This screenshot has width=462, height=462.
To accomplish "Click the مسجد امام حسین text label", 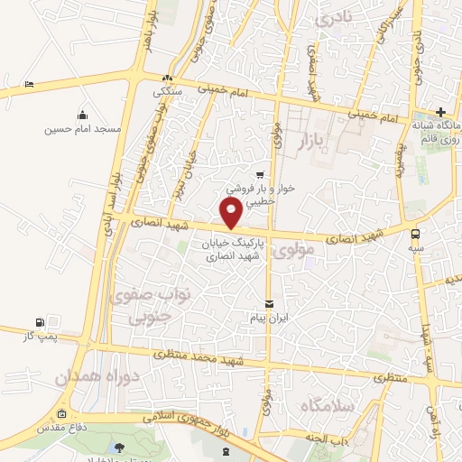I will pyautogui.click(x=83, y=129).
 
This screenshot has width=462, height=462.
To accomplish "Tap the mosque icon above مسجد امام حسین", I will pyautogui.click(x=83, y=115).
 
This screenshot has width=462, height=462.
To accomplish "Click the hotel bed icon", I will pyautogui.click(x=29, y=84).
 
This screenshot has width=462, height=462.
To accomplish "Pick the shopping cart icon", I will pyautogui.click(x=260, y=175).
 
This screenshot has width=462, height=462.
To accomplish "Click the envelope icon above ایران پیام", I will pyautogui.click(x=268, y=303).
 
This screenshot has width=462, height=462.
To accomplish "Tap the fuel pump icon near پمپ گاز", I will pyautogui.click(x=39, y=322).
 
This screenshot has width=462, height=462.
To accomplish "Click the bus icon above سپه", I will pyautogui.click(x=414, y=229).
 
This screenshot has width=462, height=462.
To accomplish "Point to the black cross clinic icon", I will pyautogui.click(x=439, y=112).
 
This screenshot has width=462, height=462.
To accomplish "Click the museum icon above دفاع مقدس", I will pyautogui.click(x=61, y=415).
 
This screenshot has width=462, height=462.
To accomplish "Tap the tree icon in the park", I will pyautogui.click(x=120, y=447).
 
